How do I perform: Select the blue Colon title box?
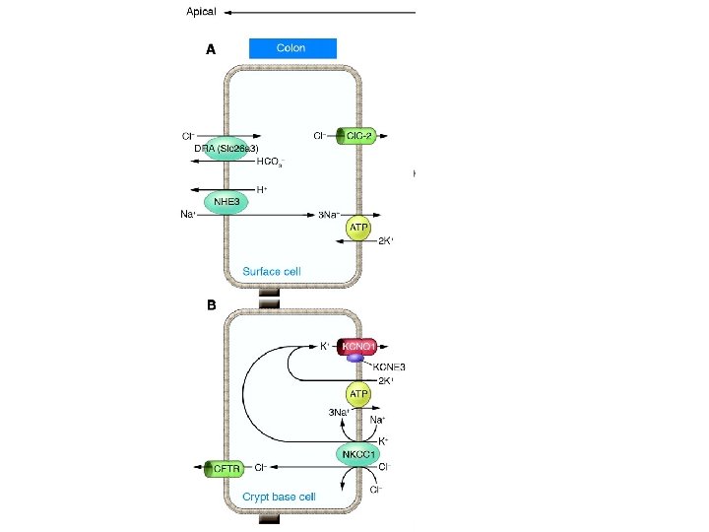[x=292, y=48]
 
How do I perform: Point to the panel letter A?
[x=211, y=51]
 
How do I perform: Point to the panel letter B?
[x=211, y=305]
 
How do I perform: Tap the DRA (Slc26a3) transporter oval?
[x=219, y=149]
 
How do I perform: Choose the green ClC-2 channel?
[x=355, y=135]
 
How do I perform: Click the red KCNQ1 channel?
[x=356, y=346]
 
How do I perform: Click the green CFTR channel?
[x=224, y=469]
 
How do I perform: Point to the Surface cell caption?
[x=272, y=271]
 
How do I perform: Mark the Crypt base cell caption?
[x=280, y=498]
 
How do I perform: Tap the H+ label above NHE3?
[x=263, y=189]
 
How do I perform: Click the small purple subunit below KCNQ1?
[x=354, y=358]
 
